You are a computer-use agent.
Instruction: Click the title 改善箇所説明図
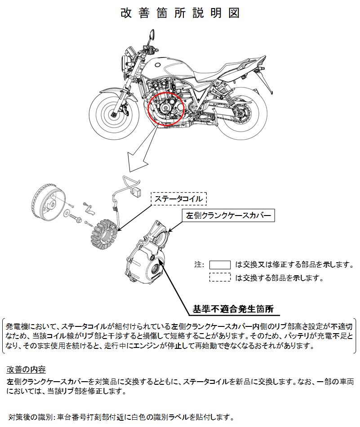pyautogui.click(x=180, y=13)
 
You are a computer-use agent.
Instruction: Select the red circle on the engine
pyautogui.click(x=166, y=109)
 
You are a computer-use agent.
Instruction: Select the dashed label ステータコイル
pyautogui.click(x=179, y=198)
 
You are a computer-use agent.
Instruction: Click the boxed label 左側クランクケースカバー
pyautogui.click(x=228, y=216)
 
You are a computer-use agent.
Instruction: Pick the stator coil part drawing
pyautogui.click(x=104, y=235)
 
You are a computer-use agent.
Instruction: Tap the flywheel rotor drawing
pyautogui.click(x=49, y=202)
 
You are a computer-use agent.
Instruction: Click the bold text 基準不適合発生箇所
pyautogui.click(x=233, y=309)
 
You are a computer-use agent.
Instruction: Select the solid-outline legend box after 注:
pyautogui.click(x=220, y=265)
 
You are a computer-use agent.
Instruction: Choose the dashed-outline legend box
pyautogui.click(x=220, y=277)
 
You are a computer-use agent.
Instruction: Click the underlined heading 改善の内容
pyautogui.click(x=26, y=369)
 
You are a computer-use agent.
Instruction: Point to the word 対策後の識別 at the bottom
pyautogui.click(x=31, y=417)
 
